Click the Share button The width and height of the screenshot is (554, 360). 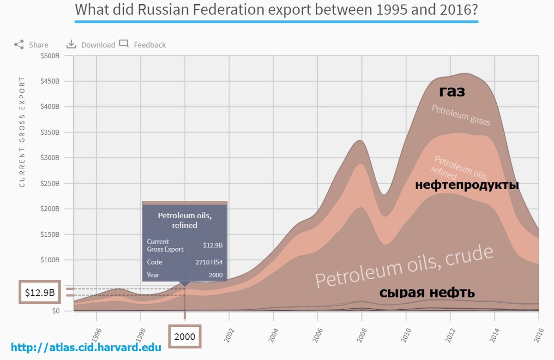pyautogui.click(x=31, y=45)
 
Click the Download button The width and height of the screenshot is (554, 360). pyautogui.click(x=91, y=45)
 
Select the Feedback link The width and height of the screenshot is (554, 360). pyautogui.click(x=143, y=45)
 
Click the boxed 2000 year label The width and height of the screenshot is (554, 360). pyautogui.click(x=185, y=337)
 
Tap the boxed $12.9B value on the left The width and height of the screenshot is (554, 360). pyautogui.click(x=40, y=293)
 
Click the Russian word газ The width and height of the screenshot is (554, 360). pyautogui.click(x=452, y=91)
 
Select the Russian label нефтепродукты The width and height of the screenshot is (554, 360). pyautogui.click(x=467, y=185)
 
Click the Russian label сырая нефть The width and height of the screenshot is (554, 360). pyautogui.click(x=427, y=293)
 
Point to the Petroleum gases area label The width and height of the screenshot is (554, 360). pyautogui.click(x=460, y=115)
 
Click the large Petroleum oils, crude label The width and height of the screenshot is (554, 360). pyautogui.click(x=404, y=267)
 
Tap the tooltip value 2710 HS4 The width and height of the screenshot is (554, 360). pyautogui.click(x=209, y=262)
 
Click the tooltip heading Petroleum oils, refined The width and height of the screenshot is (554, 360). pyautogui.click(x=185, y=220)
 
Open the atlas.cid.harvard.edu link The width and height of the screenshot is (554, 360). pyautogui.click(x=86, y=347)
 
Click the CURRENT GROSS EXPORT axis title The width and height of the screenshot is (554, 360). pyautogui.click(x=22, y=132)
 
